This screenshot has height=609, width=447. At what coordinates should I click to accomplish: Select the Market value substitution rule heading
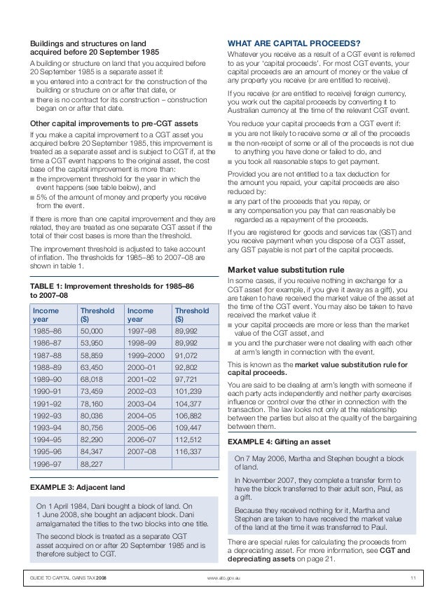pyautogui.click(x=286, y=269)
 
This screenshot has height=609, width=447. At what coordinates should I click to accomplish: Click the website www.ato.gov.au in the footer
pyautogui.click(x=224, y=577)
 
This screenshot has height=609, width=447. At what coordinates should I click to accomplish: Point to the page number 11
pyautogui.click(x=413, y=577)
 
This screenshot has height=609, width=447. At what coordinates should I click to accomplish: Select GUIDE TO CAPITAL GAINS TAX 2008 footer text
pyautogui.click(x=69, y=577)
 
